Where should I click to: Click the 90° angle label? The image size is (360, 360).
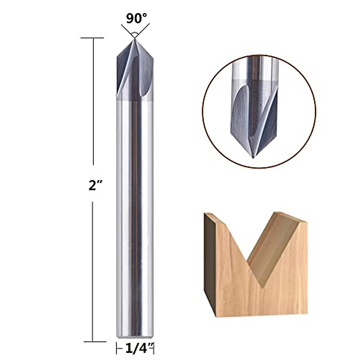(134, 19)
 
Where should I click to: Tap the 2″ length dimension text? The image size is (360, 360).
(94, 186)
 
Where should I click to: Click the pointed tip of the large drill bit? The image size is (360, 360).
(134, 39)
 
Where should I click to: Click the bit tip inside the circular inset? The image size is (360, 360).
(253, 157)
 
